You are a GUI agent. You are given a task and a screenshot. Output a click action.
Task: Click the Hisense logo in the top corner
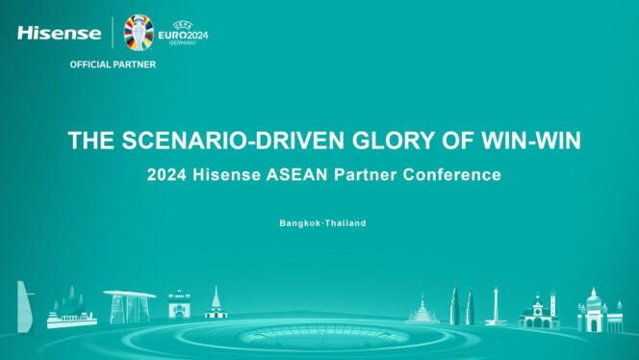59,33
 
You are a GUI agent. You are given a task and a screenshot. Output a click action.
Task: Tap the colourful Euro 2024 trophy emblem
139,32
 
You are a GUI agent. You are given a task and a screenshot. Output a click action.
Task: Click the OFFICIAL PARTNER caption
113,64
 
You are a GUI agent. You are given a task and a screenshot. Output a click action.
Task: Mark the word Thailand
345,223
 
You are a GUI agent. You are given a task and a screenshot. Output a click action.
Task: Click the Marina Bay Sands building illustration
129,307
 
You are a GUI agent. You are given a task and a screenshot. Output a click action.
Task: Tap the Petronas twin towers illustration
461,306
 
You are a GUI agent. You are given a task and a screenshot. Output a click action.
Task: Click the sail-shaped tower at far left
24,306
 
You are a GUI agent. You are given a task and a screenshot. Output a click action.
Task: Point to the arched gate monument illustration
179,307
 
